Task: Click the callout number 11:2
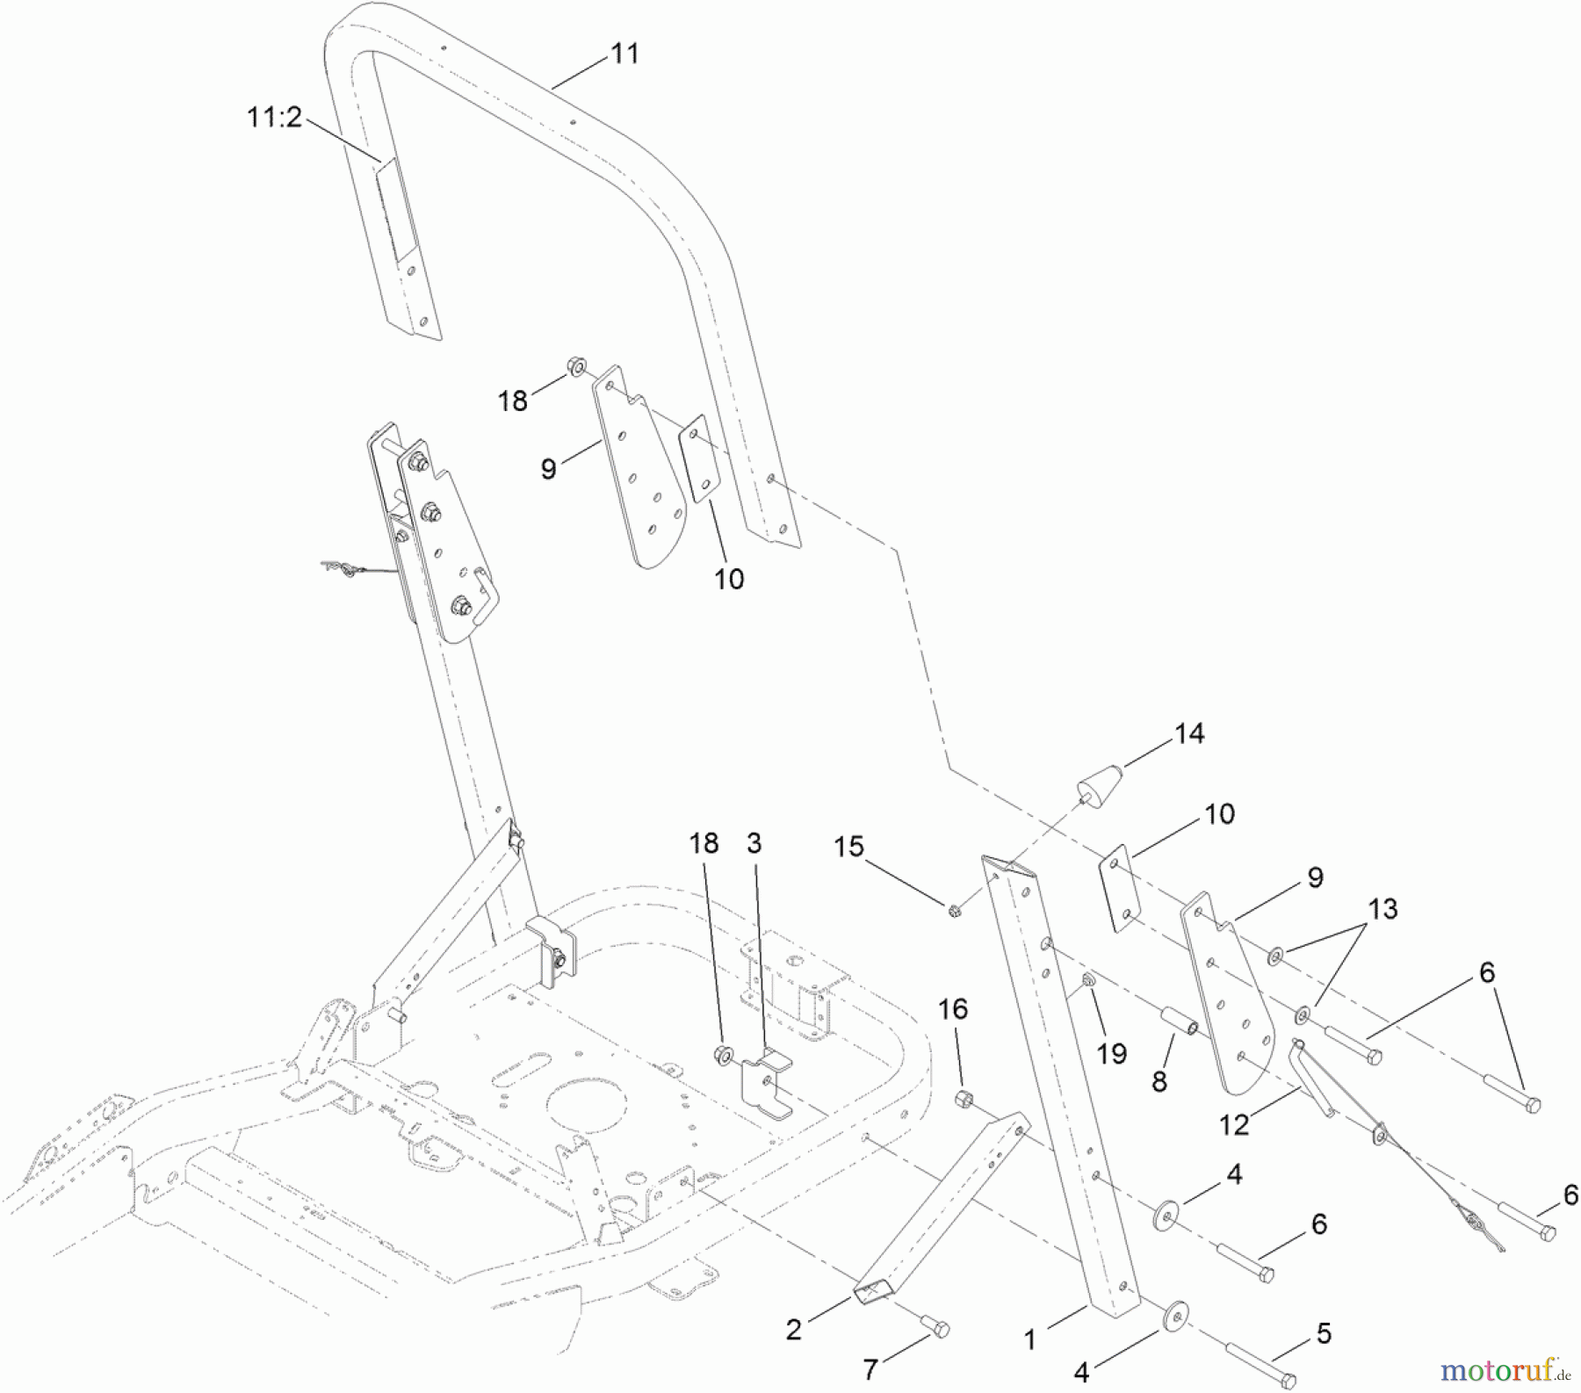(274, 118)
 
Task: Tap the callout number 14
(1189, 733)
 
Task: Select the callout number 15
(849, 847)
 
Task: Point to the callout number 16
(953, 1010)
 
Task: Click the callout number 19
(1112, 1053)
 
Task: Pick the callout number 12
(1234, 1125)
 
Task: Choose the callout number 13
(1382, 909)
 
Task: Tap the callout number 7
(870, 1369)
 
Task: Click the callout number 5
(1324, 1334)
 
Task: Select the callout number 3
(754, 843)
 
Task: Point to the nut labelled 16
(964, 1098)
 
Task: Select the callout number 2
(793, 1331)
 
